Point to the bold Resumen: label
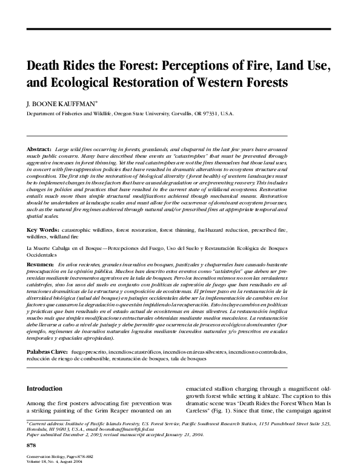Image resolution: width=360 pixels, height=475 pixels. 40,265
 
